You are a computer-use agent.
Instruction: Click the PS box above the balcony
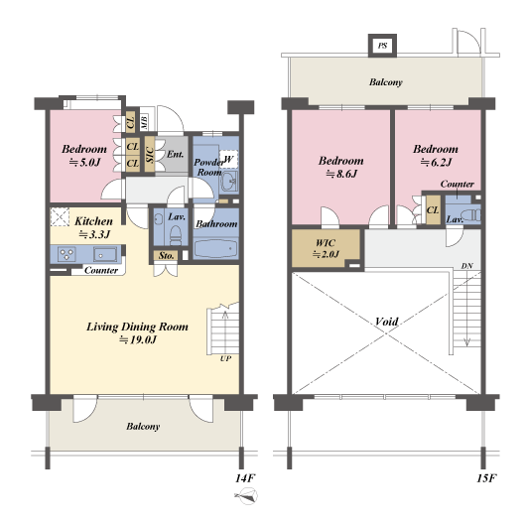click(x=382, y=45)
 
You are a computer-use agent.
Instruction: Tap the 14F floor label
click(x=245, y=478)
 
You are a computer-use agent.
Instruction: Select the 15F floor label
click(x=486, y=478)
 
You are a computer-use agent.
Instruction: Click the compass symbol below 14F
click(x=247, y=496)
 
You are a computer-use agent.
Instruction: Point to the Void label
click(x=386, y=322)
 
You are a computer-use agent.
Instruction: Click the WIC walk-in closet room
click(x=326, y=248)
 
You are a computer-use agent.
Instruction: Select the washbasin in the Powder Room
click(x=229, y=181)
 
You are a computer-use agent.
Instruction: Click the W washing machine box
click(x=228, y=159)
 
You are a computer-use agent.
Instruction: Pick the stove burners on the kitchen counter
click(x=66, y=254)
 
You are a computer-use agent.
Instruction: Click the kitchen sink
click(x=105, y=254)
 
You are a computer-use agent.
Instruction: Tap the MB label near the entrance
click(x=144, y=122)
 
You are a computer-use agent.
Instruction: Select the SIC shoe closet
click(x=150, y=154)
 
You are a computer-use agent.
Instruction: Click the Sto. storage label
click(x=167, y=256)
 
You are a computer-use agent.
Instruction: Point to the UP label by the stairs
click(x=225, y=358)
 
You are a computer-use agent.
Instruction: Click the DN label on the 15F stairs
click(x=466, y=266)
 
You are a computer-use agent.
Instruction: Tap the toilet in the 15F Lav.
click(x=471, y=215)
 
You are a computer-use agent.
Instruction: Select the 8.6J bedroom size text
click(x=340, y=174)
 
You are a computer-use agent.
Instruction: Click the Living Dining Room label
click(x=137, y=327)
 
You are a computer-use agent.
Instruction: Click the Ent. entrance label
click(x=175, y=154)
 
